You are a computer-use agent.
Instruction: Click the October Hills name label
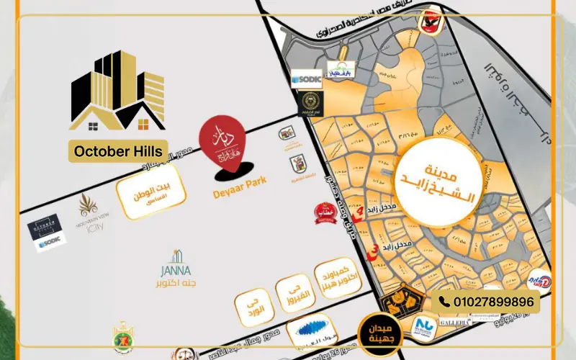click(119, 151)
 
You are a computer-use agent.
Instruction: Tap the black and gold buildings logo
click(119, 90)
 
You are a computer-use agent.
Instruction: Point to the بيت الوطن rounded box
click(153, 191)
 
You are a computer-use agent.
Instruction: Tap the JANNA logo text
click(177, 270)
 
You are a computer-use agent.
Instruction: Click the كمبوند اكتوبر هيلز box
click(336, 277)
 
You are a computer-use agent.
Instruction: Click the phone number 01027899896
click(495, 302)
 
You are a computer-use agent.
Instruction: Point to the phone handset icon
click(444, 302)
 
